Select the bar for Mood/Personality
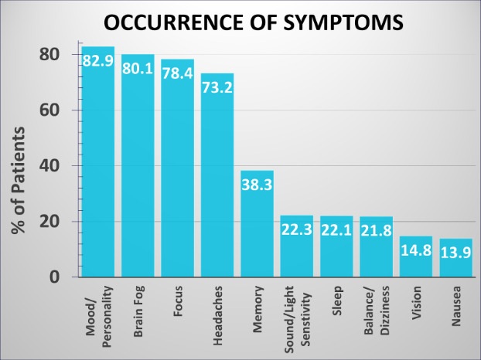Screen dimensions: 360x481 [98, 170]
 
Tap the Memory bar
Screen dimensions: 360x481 [257, 224]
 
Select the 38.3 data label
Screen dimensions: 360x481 [257, 184]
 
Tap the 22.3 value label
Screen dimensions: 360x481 [297, 229]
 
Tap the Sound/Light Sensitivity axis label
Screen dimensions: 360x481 [297, 319]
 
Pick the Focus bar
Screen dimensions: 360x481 [178, 170]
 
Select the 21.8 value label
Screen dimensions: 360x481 [377, 229]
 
